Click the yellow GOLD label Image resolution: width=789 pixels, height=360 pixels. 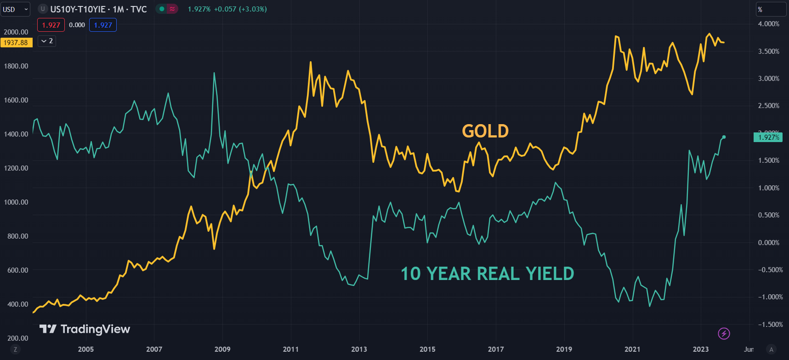pyautogui.click(x=485, y=131)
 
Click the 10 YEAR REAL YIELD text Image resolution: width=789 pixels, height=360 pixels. pyautogui.click(x=487, y=274)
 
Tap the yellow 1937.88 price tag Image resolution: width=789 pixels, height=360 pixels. pyautogui.click(x=16, y=43)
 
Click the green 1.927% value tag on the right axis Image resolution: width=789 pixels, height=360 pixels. pyautogui.click(x=768, y=137)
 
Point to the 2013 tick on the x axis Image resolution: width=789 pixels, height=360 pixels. pyautogui.click(x=359, y=349)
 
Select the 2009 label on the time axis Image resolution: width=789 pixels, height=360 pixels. pyautogui.click(x=222, y=349)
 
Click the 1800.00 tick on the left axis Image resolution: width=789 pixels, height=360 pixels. pyautogui.click(x=16, y=66)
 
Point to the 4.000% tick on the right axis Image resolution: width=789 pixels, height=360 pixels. pyautogui.click(x=768, y=24)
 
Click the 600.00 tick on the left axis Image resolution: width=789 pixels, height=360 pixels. pyautogui.click(x=17, y=270)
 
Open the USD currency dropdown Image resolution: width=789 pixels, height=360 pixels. pyautogui.click(x=15, y=9)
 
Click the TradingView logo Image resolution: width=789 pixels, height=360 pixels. pyautogui.click(x=85, y=329)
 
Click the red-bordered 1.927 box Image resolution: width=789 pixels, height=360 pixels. pyautogui.click(x=51, y=25)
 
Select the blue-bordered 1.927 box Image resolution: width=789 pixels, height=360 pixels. pyautogui.click(x=103, y=25)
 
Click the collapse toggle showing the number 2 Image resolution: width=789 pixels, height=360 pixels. pyautogui.click(x=47, y=41)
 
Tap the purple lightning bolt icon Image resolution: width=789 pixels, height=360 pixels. pyautogui.click(x=724, y=333)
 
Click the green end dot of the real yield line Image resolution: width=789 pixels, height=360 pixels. pyautogui.click(x=724, y=137)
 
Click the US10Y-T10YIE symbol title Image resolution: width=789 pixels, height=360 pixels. pyautogui.click(x=98, y=9)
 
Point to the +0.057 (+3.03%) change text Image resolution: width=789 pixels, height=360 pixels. pyautogui.click(x=240, y=9)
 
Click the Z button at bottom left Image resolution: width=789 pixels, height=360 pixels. pyautogui.click(x=15, y=349)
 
